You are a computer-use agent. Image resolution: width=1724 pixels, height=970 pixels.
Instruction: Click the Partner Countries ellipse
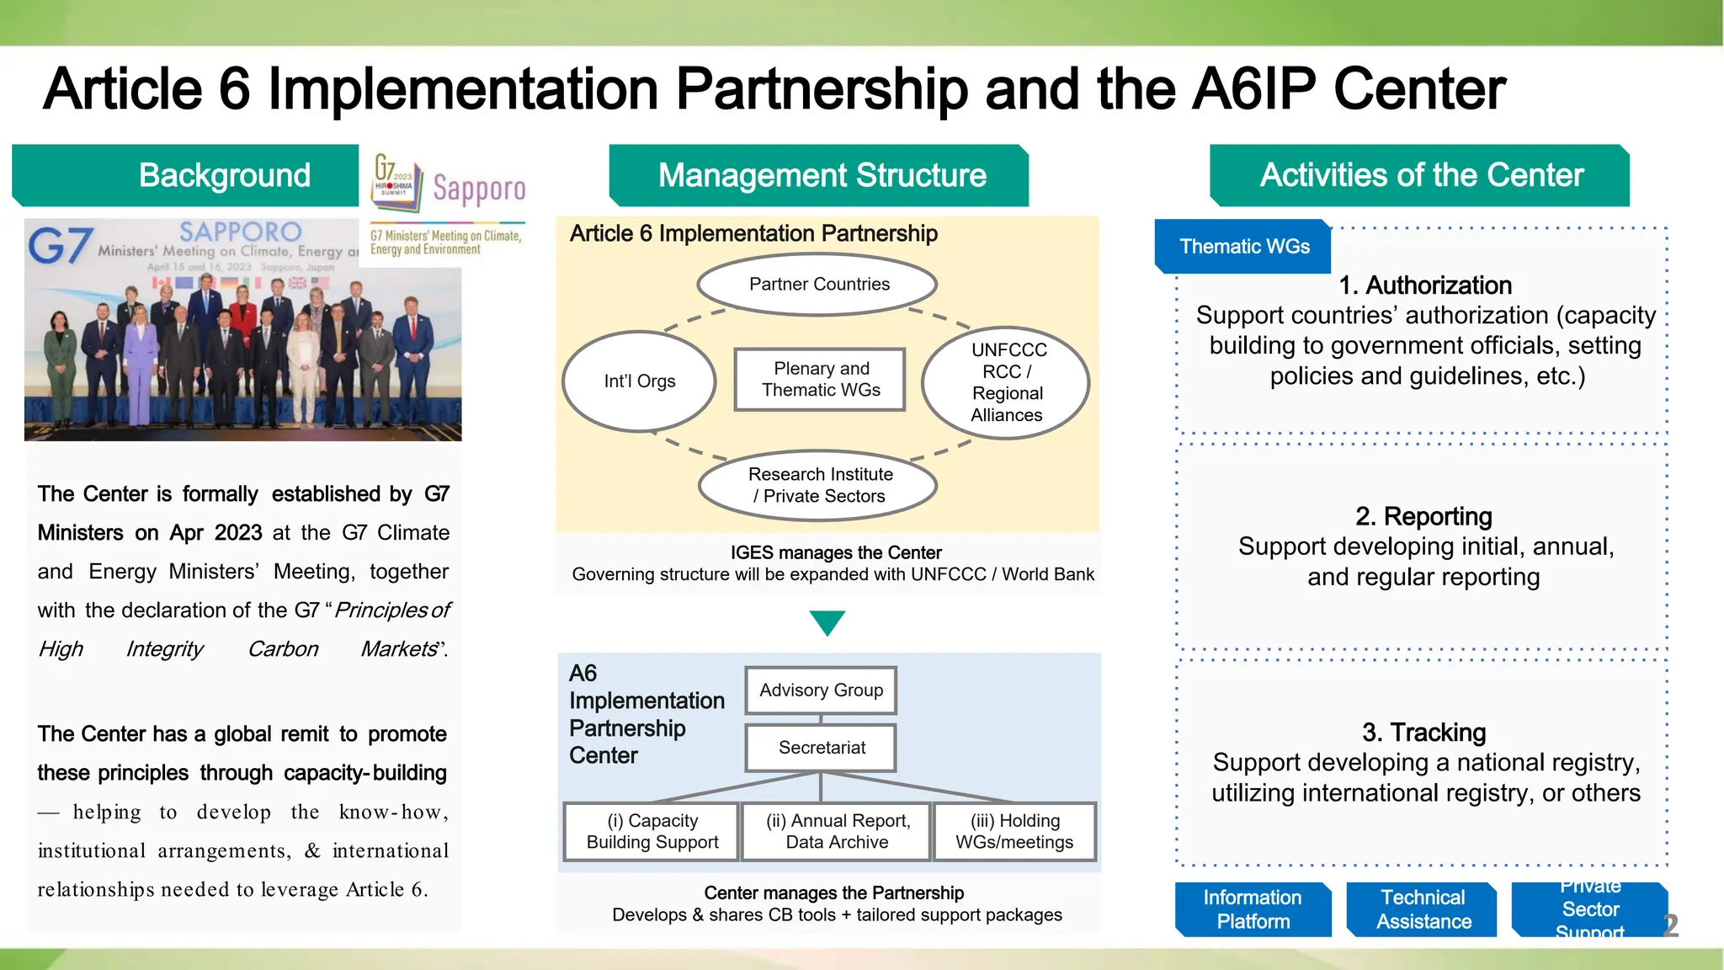point(818,285)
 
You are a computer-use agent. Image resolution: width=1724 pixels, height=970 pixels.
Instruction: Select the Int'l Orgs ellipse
point(640,381)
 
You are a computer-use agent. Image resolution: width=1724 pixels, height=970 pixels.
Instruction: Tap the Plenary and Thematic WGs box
point(820,380)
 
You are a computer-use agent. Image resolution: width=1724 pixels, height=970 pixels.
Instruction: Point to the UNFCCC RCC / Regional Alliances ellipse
point(1006,382)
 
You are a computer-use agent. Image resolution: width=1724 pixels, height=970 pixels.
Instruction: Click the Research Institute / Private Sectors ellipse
point(818,486)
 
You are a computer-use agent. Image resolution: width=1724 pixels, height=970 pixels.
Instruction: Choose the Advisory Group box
point(821,690)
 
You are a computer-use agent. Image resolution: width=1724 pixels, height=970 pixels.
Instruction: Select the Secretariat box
point(821,748)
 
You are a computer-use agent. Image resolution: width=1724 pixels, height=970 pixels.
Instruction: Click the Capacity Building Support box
point(652,832)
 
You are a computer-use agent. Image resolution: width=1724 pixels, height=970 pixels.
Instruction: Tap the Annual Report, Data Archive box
point(837,832)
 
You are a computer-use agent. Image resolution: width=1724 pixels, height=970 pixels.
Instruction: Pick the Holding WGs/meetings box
point(1014,832)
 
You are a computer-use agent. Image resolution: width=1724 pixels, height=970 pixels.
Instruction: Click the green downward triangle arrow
point(827,622)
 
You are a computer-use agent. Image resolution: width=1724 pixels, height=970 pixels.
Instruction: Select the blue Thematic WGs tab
point(1243,247)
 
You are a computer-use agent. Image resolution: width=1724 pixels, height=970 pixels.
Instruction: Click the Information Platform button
point(1253,909)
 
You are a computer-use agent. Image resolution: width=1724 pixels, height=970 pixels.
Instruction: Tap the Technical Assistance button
point(1423,909)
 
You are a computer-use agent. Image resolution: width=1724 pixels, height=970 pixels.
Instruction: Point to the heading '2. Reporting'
point(1423,516)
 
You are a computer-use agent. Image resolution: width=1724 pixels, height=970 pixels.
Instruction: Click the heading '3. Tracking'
point(1423,733)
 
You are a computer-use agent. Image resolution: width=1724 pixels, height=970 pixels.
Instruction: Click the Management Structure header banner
point(820,175)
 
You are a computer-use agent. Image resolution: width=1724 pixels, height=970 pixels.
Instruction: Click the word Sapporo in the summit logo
point(479,189)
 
